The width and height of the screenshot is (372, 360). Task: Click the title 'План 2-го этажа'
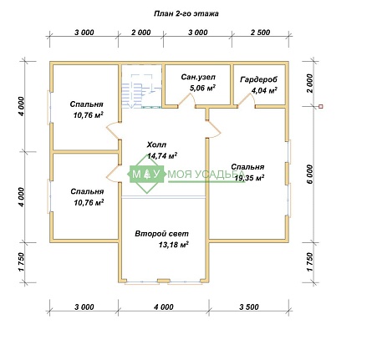[186, 13]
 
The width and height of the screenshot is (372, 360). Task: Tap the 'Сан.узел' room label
[198, 77]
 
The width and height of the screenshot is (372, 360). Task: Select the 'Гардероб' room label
[259, 79]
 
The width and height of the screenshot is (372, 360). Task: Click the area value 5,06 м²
[202, 88]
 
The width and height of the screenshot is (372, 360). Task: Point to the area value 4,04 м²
[264, 90]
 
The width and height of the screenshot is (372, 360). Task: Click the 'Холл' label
[156, 145]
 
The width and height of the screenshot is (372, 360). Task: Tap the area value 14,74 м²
[162, 155]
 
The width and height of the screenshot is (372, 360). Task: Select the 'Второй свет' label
[161, 234]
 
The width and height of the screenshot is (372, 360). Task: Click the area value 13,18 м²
[174, 245]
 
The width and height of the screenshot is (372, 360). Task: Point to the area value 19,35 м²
[249, 177]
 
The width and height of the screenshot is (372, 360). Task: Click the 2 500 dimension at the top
[260, 33]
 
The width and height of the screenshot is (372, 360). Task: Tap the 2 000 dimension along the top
[141, 33]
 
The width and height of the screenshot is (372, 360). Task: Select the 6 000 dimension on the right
[309, 174]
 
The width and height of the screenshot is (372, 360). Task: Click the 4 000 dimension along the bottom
[164, 307]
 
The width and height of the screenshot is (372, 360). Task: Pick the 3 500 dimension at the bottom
[249, 307]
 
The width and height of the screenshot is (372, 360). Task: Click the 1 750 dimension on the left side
[22, 262]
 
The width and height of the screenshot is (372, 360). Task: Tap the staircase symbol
[141, 90]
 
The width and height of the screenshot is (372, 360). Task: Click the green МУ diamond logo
[145, 174]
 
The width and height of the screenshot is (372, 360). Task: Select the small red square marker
[321, 106]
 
